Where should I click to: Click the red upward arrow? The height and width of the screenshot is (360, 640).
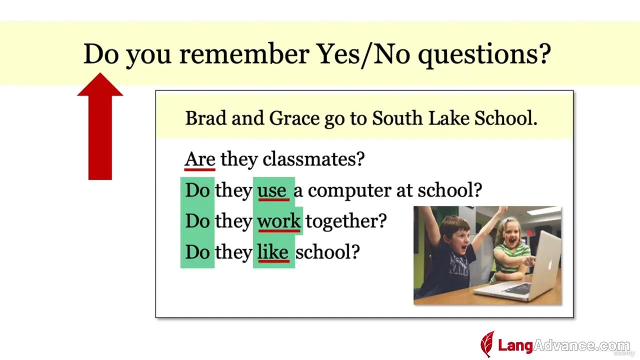click(x=100, y=126)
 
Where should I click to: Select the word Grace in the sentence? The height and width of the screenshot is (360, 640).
click(x=294, y=118)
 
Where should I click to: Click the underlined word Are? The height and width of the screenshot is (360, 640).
click(x=199, y=159)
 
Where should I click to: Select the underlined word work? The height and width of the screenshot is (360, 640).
click(x=279, y=221)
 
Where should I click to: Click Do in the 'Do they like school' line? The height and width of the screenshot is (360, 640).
click(x=197, y=252)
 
